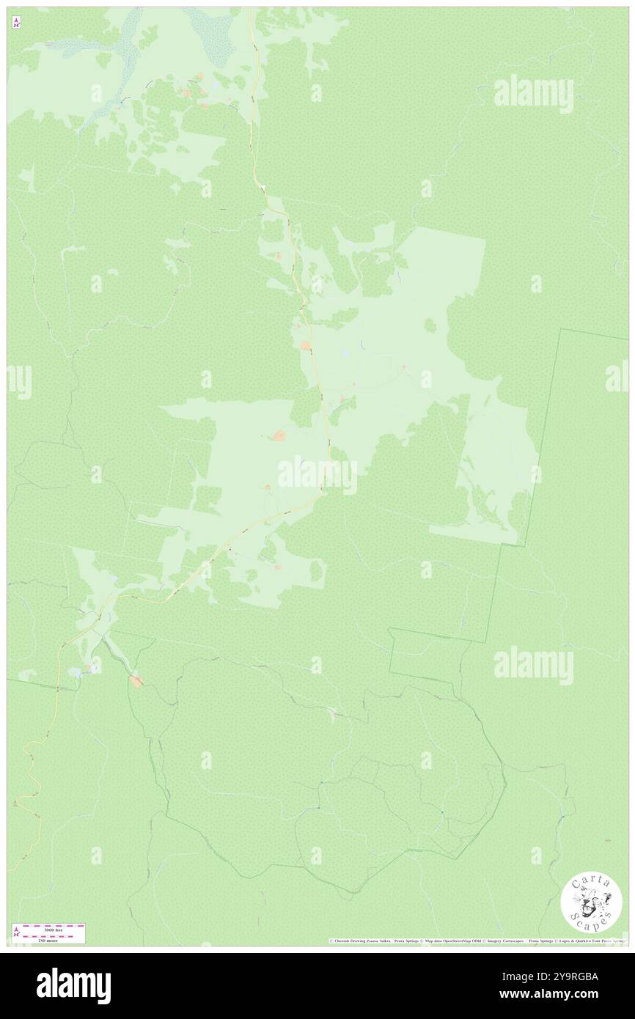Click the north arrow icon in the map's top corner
point(16,23)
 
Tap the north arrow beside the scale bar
point(16,932)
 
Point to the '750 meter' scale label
point(53,938)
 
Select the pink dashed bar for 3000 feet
point(54,926)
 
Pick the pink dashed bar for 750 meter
point(54,935)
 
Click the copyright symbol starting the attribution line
point(331,941)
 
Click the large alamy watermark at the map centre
point(317,475)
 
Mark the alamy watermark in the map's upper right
point(533,93)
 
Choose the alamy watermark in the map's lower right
point(533,666)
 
